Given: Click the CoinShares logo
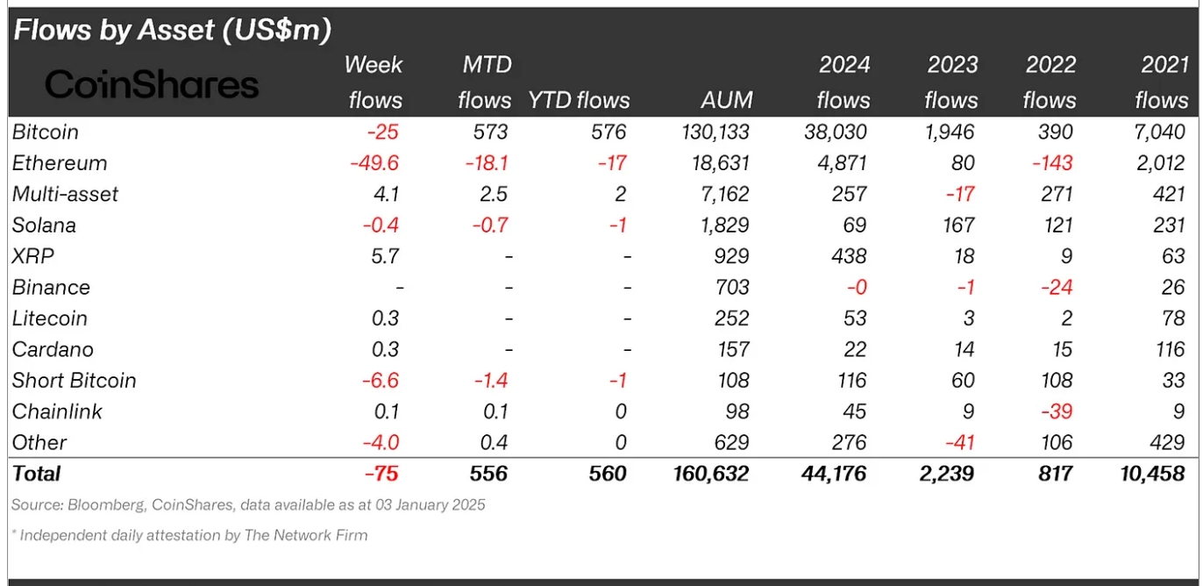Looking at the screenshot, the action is (x=152, y=84).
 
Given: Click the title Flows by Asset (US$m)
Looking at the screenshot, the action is (x=173, y=30).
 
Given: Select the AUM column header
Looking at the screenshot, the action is (x=727, y=100).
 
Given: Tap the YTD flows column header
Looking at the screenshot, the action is (x=579, y=100).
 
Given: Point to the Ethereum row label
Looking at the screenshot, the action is (x=60, y=163).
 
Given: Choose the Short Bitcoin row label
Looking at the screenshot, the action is (x=75, y=380).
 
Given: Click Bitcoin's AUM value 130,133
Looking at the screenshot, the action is (x=715, y=132).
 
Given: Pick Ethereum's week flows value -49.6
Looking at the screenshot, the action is (x=374, y=163).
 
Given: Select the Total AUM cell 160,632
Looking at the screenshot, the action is (x=710, y=473).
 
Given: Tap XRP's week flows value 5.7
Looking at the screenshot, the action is (x=385, y=256).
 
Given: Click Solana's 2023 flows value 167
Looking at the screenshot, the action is (x=958, y=225).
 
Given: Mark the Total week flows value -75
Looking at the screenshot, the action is (x=381, y=473).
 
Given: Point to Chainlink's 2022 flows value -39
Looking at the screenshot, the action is (x=1057, y=411).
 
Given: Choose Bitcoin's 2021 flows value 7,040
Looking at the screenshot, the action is (x=1159, y=132).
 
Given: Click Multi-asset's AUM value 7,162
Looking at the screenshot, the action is (x=725, y=194).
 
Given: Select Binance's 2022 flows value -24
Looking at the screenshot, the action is (x=1057, y=288).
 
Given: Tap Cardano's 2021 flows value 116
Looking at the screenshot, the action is (x=1169, y=350).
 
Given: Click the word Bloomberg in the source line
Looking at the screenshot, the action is (x=107, y=505).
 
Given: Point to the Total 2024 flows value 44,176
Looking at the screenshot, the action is (x=834, y=473).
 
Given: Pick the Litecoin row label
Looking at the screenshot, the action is (x=49, y=318).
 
